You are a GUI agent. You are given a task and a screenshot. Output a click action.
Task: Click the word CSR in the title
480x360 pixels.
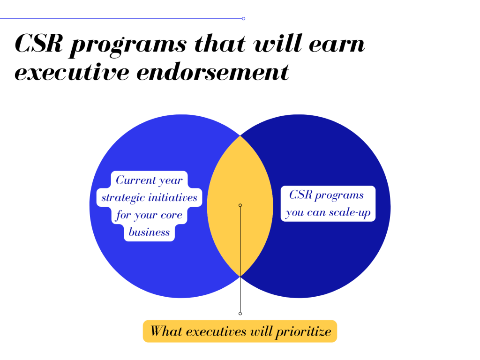tap(39, 44)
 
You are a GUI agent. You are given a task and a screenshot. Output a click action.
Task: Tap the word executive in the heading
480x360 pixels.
tap(72, 72)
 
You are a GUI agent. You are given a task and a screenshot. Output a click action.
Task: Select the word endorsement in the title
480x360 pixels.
tap(213, 72)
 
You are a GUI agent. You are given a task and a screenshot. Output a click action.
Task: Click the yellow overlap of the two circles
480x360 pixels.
tap(240, 206)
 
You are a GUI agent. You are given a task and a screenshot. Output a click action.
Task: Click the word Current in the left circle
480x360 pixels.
tap(135, 180)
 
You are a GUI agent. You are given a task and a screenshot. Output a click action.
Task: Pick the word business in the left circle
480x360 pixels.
tap(149, 232)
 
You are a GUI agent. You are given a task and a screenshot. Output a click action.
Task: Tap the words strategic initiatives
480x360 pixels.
tap(150, 198)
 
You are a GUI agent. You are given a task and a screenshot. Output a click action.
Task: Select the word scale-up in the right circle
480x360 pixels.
tap(350, 213)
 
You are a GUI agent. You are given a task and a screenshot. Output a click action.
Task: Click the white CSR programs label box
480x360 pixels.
tap(328, 203)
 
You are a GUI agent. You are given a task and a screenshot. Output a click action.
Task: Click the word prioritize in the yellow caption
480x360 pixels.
tap(303, 331)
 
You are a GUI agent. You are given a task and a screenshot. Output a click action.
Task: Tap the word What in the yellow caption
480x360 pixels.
tap(166, 331)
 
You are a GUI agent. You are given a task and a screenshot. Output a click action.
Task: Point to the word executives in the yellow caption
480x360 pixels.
tap(216, 331)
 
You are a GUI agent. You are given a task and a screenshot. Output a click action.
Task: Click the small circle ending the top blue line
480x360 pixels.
tap(243, 19)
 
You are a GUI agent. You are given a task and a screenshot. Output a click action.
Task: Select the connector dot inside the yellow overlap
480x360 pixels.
tap(240, 205)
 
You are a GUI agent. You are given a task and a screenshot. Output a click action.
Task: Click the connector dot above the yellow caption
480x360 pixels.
tap(240, 314)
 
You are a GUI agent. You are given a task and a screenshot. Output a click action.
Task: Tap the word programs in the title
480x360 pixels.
tap(128, 46)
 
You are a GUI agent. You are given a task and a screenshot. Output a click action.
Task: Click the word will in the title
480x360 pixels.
tap(277, 44)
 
